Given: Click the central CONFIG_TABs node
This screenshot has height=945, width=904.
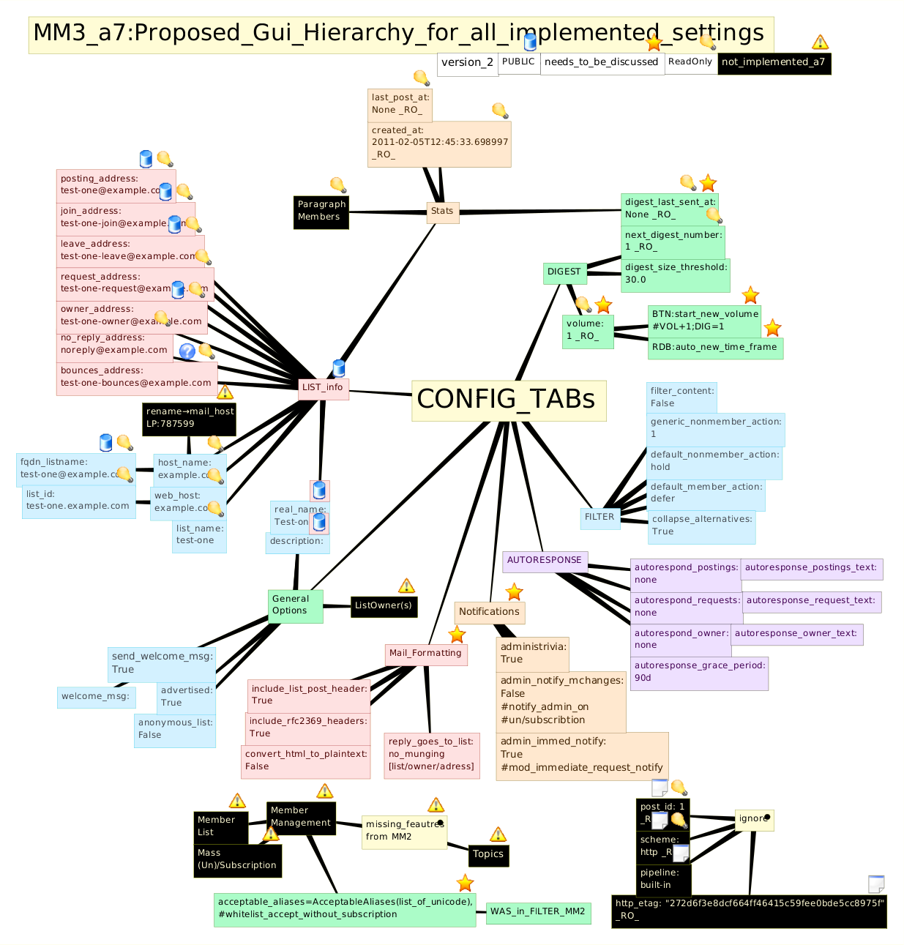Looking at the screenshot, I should click(509, 400).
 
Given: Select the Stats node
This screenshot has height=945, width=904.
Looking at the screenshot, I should click(442, 212).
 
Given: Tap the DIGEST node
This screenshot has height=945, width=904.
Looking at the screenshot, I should click(564, 272).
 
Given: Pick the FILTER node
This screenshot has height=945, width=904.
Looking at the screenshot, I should click(599, 518).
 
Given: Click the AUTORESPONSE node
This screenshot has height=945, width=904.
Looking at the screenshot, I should click(545, 561).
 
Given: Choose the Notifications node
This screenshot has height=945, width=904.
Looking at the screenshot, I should click(489, 612).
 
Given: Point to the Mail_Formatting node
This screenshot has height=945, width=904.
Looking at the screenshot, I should click(425, 654).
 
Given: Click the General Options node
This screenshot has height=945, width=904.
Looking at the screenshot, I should click(295, 605).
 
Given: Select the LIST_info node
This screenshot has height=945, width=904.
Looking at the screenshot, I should click(323, 388).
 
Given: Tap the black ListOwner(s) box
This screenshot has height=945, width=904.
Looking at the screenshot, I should click(384, 606).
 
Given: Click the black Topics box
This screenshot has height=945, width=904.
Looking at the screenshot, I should click(488, 855).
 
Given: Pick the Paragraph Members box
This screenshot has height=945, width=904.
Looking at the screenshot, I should click(321, 211).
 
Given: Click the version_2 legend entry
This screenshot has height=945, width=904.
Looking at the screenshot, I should click(468, 63).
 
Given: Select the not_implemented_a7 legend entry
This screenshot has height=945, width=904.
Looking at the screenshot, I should click(774, 63).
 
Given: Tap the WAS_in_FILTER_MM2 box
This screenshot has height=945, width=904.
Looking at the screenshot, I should click(538, 912).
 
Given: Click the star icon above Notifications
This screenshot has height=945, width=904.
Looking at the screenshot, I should click(515, 591).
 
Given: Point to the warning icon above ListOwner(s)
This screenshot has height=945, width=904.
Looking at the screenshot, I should click(406, 586).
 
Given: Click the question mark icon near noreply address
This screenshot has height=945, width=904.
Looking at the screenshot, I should click(187, 351).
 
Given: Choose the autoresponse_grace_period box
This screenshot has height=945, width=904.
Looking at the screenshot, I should click(699, 672).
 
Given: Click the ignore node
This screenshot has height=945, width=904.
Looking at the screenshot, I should click(754, 819).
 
